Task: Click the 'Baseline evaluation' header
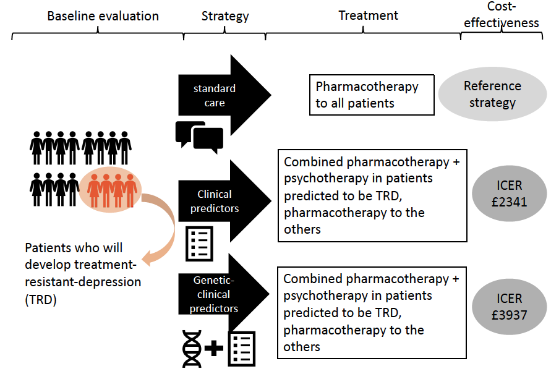point(103,16)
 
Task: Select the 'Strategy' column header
point(225,16)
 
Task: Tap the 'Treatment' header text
point(369,15)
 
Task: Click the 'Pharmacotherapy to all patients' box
point(371,95)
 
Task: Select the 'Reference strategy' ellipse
point(492,94)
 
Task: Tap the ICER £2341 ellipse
point(509,193)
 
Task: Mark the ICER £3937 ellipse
point(509,306)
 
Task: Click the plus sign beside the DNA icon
point(214,349)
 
